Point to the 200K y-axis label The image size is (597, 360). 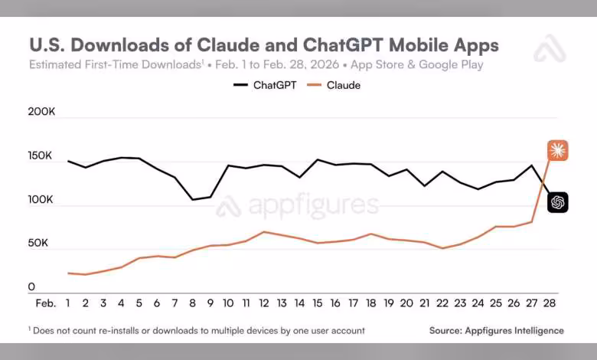tap(42, 112)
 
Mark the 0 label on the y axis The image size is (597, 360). tap(32, 287)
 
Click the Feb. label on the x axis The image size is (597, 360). tap(46, 303)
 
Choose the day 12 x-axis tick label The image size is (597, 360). tap(264, 303)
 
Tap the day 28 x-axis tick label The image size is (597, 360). tap(549, 303)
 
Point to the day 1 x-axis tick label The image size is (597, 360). tap(68, 303)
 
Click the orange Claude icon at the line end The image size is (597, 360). tap(557, 151)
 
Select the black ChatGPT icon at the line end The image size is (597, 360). tap(557, 202)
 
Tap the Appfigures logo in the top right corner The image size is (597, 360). tap(549, 48)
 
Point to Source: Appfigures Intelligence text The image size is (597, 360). tap(497, 331)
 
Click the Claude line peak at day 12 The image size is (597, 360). tap(264, 231)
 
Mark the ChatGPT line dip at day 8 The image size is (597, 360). tap(193, 200)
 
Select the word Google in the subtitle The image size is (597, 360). tap(439, 64)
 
